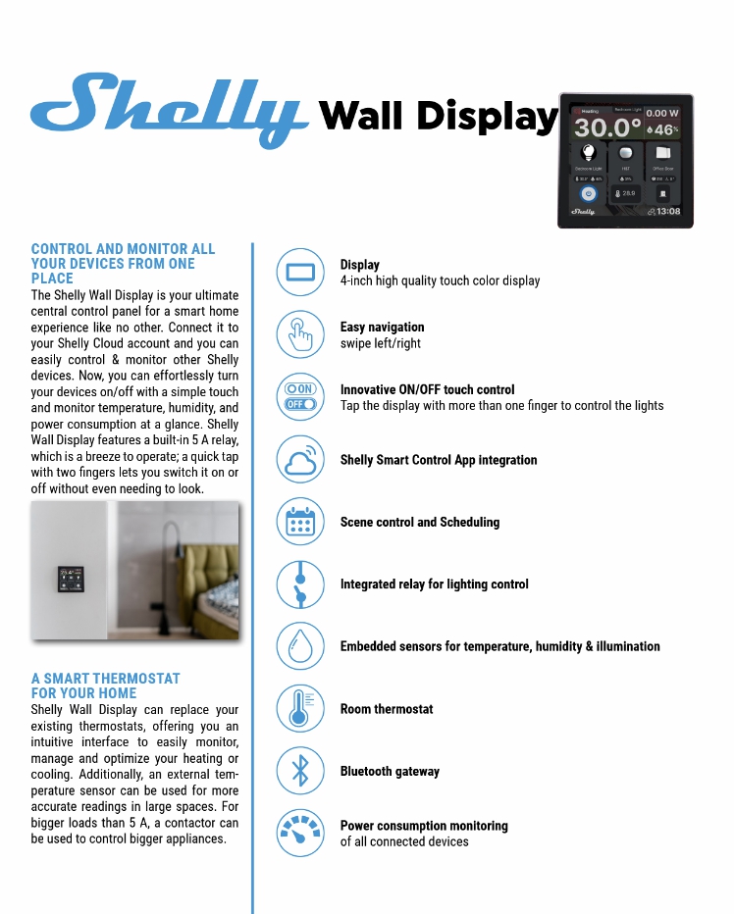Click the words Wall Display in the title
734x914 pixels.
439,116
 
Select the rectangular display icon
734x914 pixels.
300,273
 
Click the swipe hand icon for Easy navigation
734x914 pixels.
300,335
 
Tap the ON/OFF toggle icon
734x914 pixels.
300,397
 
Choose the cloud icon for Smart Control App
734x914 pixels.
300,459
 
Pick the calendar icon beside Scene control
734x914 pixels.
300,522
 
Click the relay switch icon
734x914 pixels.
300,584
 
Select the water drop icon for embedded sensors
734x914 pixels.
300,646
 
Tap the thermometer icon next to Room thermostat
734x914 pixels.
300,708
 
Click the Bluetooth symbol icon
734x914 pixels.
300,771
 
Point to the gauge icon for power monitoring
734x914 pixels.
300,833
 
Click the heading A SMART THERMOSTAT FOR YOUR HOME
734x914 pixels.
106,685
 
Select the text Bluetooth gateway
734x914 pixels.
390,772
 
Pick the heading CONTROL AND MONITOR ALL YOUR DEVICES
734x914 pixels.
123,263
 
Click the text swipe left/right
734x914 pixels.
381,344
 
